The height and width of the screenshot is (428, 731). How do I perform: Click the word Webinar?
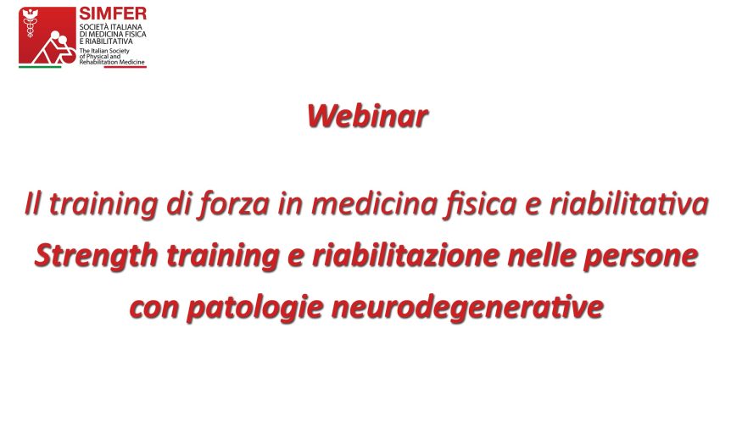[367, 115]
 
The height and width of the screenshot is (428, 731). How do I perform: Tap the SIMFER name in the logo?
[113, 13]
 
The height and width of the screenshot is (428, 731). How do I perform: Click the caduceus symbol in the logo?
[31, 23]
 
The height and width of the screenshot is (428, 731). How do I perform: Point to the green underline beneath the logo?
[40, 67]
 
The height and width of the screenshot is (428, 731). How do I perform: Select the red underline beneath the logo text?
[125, 67]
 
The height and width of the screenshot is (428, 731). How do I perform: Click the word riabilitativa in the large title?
[629, 203]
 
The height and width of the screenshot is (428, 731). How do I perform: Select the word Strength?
[97, 256]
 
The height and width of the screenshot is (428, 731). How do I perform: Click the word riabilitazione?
[405, 255]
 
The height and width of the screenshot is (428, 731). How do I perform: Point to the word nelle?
[541, 255]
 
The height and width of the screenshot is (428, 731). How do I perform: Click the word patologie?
[255, 308]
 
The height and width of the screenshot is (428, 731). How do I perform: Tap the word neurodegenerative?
[467, 308]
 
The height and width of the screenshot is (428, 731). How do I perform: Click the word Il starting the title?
[32, 203]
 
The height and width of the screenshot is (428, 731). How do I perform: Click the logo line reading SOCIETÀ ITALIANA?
[110, 27]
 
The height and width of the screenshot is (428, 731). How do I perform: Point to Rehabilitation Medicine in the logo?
[112, 62]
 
